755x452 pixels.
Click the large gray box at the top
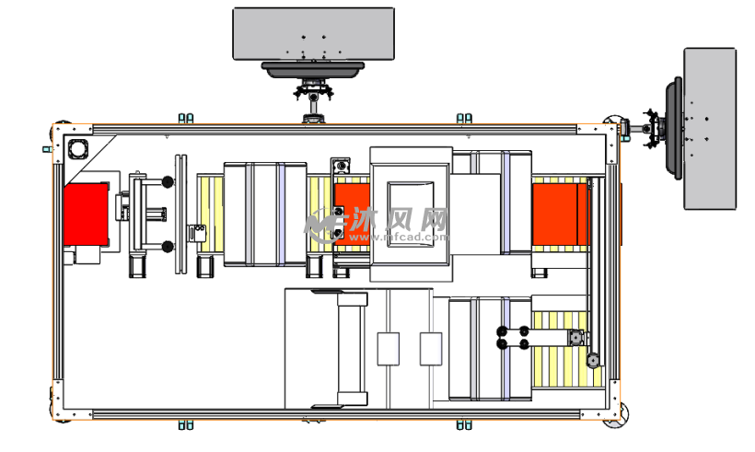click(313, 34)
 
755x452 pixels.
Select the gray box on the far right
click(710, 129)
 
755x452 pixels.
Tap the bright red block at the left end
click(86, 214)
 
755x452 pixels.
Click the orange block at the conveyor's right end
click(560, 214)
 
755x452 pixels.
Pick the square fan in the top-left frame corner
click(77, 149)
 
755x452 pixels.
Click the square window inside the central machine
click(411, 214)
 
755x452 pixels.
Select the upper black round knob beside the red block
click(168, 182)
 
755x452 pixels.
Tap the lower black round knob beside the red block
click(168, 247)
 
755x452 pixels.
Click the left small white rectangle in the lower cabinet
click(389, 349)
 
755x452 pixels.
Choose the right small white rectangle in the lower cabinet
click(431, 349)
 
